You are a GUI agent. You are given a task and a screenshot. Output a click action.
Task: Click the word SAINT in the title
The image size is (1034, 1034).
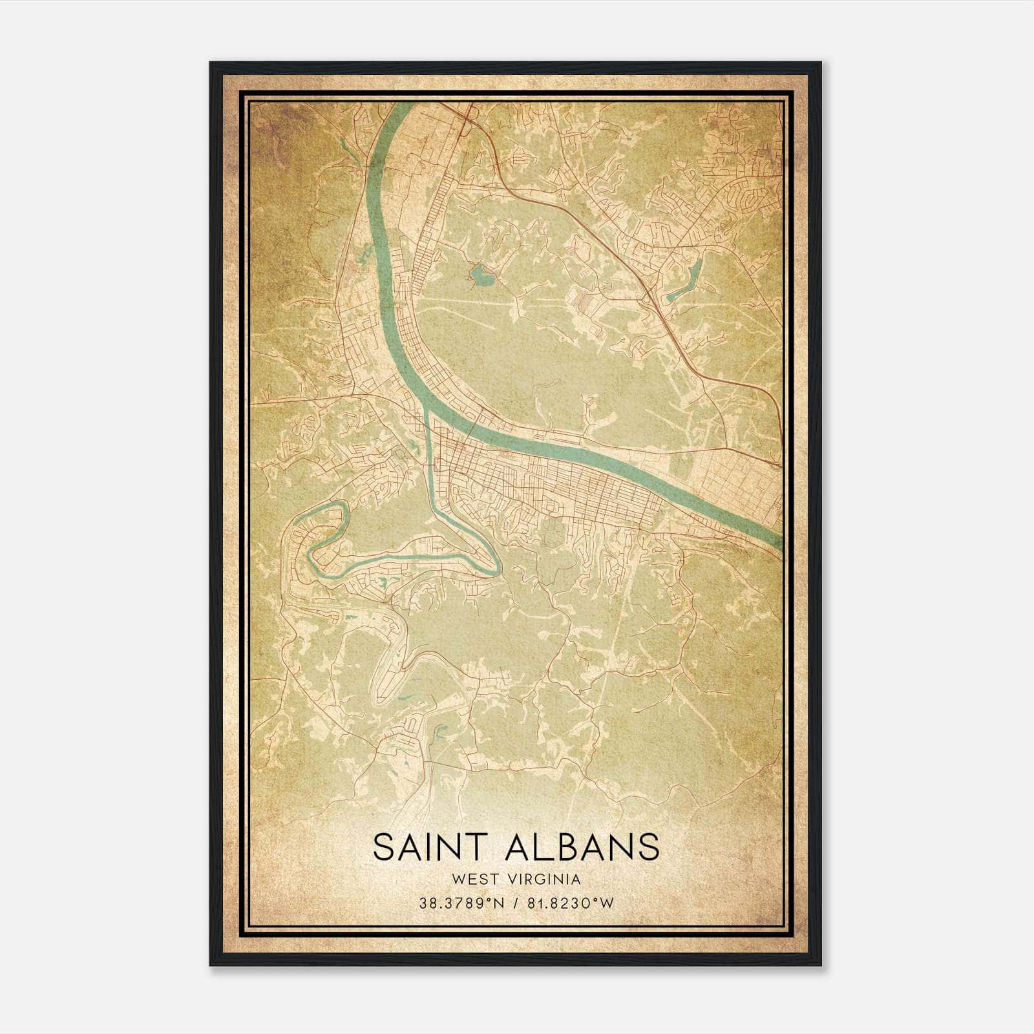[430, 847]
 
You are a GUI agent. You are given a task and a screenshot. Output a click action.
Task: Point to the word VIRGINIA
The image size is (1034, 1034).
[545, 880]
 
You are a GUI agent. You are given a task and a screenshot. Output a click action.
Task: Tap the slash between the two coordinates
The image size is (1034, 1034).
[516, 903]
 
